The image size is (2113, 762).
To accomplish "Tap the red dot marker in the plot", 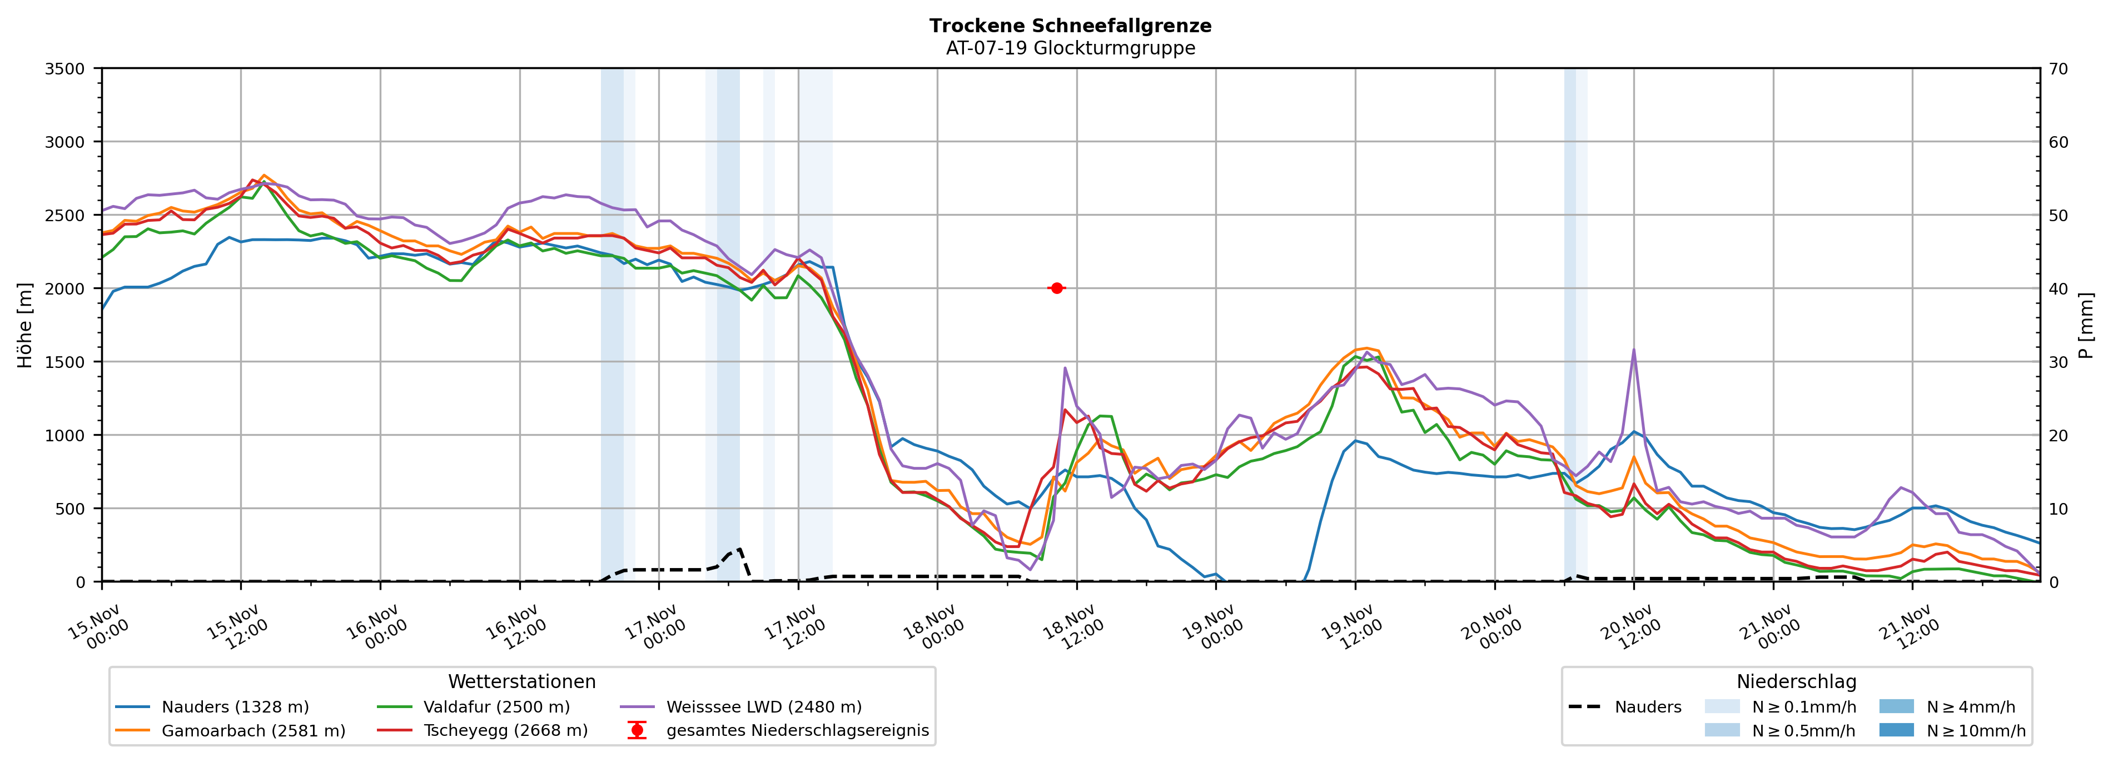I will pyautogui.click(x=1056, y=288).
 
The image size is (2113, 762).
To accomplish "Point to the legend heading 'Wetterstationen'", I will pyautogui.click(x=521, y=681).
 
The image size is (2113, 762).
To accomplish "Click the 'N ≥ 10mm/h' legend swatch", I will pyautogui.click(x=1896, y=730).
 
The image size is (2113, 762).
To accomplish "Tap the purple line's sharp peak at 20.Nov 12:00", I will pyautogui.click(x=1633, y=350).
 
